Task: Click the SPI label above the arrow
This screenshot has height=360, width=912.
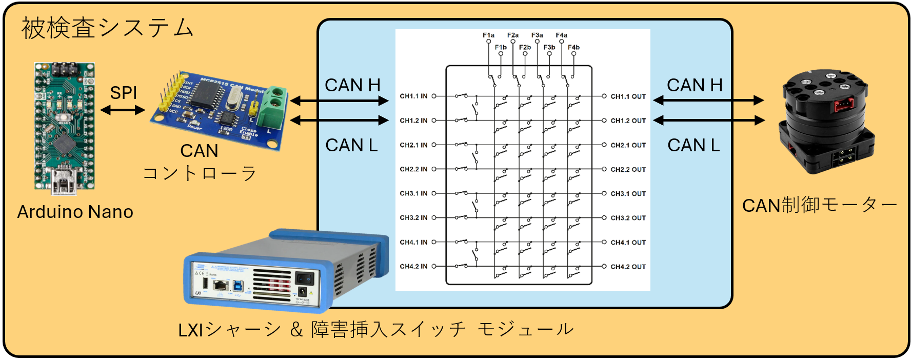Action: (x=124, y=93)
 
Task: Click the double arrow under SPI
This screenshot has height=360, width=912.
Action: (x=123, y=110)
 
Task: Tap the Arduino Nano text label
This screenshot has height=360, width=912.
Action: (x=75, y=212)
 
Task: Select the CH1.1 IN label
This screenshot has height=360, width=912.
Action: (x=413, y=96)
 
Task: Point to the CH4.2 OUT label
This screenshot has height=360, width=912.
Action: (x=628, y=267)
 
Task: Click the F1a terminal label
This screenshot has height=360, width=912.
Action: (x=488, y=35)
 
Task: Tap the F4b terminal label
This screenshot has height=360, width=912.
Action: (x=573, y=47)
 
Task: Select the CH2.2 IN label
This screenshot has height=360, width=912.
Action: (x=413, y=169)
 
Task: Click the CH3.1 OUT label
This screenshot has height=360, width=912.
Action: (x=628, y=194)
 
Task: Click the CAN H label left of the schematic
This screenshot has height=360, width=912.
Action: (x=352, y=85)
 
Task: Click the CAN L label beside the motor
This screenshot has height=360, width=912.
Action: (x=693, y=146)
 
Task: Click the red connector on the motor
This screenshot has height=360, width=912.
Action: (x=843, y=105)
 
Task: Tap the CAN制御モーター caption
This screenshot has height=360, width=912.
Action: (x=819, y=206)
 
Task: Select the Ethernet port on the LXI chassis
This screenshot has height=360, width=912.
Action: (x=222, y=285)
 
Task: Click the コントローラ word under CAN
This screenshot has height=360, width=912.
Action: (x=200, y=173)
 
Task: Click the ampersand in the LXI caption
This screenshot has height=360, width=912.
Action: (x=296, y=330)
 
